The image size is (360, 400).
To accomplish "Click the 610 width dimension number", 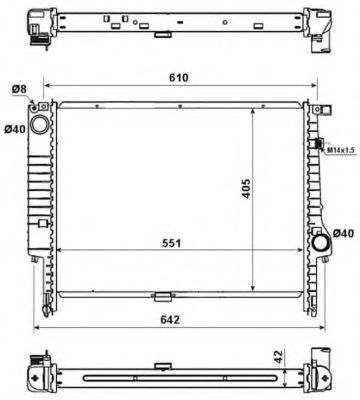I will click(180, 76).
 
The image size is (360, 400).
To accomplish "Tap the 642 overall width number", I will click(180, 321).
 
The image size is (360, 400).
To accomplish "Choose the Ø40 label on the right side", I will click(343, 233).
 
